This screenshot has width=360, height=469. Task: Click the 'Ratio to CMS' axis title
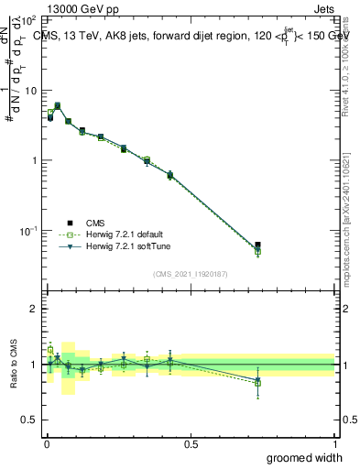pos(15,365)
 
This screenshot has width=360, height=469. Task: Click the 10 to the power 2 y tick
pos(29,20)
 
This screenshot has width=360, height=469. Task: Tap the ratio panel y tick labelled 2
pos(34,309)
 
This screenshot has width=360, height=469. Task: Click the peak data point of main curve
pos(58,106)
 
